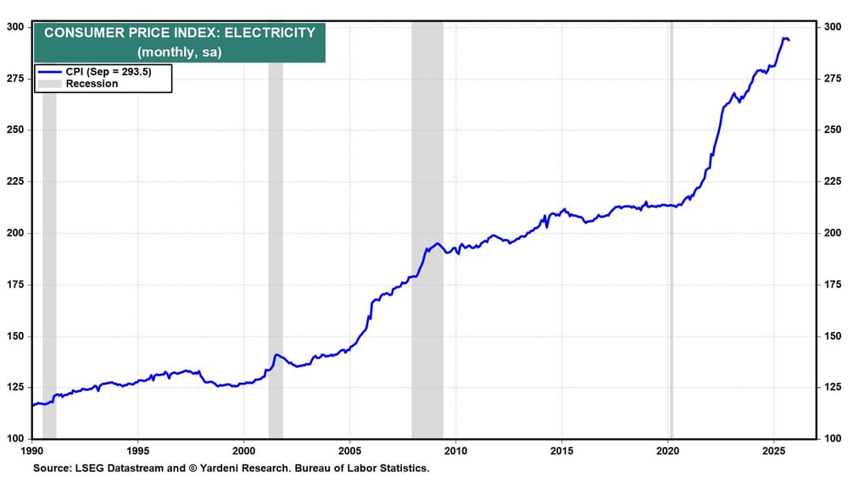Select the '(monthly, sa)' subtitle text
click(179, 52)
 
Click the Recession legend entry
click(92, 84)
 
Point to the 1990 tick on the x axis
click(32, 450)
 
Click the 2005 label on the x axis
click(349, 450)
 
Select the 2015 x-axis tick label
click(561, 450)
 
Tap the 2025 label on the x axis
click(773, 450)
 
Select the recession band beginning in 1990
click(49, 254)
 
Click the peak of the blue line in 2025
click(784, 38)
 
